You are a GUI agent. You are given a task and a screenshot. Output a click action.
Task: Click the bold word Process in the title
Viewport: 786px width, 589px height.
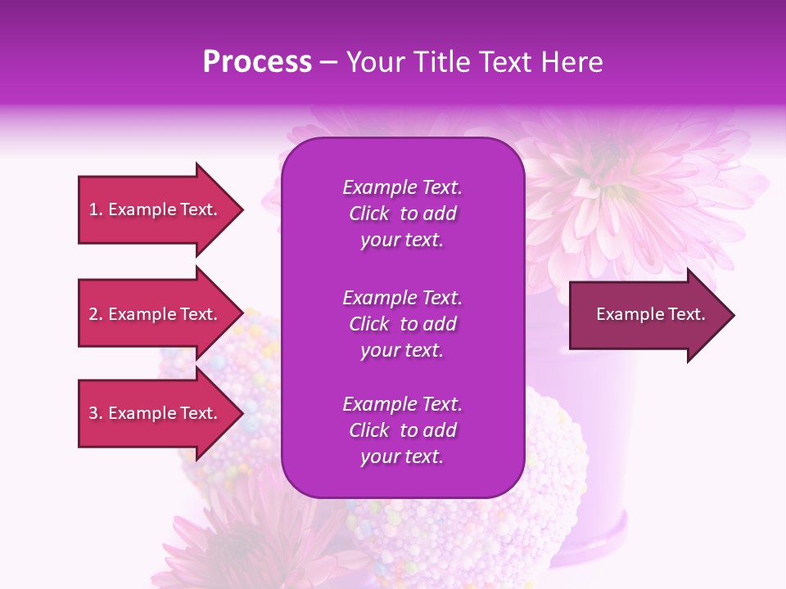257,61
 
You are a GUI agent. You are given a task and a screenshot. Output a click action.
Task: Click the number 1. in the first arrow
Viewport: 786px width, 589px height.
96,209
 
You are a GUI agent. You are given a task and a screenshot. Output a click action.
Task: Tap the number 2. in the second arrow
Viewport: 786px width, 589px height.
96,314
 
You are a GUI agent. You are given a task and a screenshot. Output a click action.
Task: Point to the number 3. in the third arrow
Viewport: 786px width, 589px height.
96,413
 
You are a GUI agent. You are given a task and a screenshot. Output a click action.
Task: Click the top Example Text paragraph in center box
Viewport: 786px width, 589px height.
402,214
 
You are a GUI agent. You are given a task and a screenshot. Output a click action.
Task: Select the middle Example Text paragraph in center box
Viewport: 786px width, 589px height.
402,324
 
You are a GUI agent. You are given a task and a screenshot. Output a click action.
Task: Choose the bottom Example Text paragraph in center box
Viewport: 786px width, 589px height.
402,430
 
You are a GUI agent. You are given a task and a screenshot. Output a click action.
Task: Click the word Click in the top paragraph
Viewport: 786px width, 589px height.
369,214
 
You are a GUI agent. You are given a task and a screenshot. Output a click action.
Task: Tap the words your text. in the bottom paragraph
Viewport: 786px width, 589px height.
402,457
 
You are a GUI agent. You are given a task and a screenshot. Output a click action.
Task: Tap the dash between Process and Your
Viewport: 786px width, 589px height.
329,62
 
